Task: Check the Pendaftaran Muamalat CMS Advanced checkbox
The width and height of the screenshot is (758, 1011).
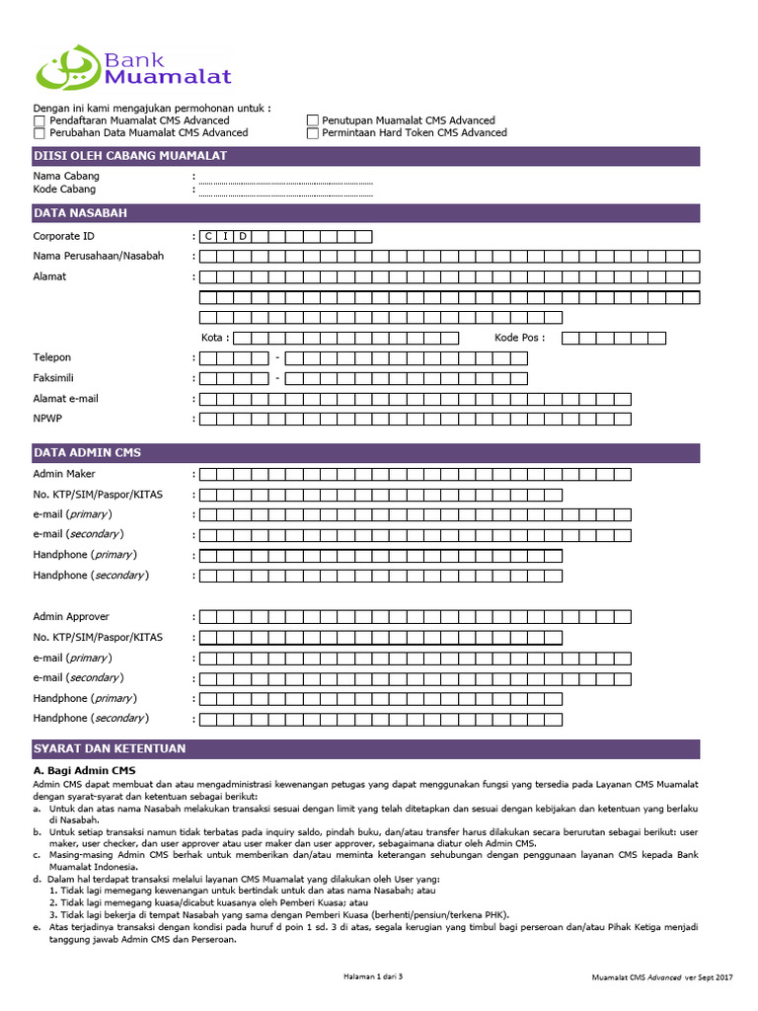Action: [39, 120]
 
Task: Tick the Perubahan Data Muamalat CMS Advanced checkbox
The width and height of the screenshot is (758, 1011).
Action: [39, 133]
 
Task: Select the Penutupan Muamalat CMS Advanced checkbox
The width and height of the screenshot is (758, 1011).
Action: [313, 120]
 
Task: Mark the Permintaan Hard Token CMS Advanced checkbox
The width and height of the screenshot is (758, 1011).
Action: [313, 133]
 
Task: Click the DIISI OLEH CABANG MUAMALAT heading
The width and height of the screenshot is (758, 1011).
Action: [130, 156]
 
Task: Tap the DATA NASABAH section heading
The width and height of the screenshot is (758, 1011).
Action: [80, 213]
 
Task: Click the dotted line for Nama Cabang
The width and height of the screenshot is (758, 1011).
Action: [285, 182]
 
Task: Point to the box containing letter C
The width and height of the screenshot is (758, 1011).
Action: [208, 236]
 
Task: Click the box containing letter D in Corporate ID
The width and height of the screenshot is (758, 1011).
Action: [243, 236]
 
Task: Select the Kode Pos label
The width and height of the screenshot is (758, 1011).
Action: [518, 338]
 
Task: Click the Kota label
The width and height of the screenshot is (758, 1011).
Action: [214, 338]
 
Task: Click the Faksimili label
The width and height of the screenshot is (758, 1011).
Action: [54, 378]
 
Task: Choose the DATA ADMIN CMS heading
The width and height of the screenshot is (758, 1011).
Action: [87, 453]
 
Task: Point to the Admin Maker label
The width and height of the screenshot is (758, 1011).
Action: [64, 474]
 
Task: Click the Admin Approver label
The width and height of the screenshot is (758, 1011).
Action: [71, 617]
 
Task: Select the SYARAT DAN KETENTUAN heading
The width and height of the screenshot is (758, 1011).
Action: [109, 748]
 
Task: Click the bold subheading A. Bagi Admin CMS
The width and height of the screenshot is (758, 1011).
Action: [84, 770]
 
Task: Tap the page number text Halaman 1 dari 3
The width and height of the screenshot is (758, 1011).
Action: [373, 976]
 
